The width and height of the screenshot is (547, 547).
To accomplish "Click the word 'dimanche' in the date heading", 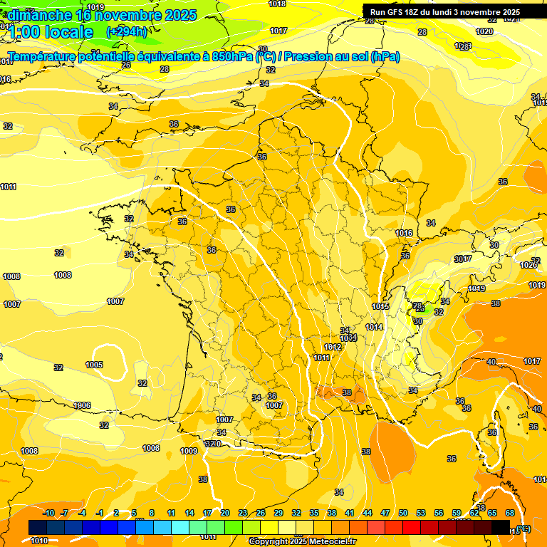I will pyautogui.click(x=40, y=15).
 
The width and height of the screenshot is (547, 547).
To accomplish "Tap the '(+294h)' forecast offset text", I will pyautogui.click(x=127, y=31).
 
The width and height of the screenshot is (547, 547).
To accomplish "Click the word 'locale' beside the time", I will pyautogui.click(x=68, y=32).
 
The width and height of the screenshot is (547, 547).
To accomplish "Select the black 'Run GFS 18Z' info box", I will pyautogui.click(x=454, y=12).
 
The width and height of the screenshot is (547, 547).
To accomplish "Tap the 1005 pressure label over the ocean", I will pyautogui.click(x=94, y=365).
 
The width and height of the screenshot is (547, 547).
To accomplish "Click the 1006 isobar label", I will pyautogui.click(x=83, y=405).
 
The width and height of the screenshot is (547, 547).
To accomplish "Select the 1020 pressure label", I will pyautogui.click(x=484, y=32).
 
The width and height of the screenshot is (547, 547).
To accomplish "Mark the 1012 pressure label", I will pyautogui.click(x=333, y=347).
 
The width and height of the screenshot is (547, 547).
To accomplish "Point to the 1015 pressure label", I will pyautogui.click(x=380, y=306).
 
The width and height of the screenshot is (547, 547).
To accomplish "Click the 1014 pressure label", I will pyautogui.click(x=374, y=327).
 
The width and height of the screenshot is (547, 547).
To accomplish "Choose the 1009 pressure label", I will pyautogui.click(x=189, y=451).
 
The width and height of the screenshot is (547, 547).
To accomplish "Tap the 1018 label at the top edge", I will pyautogui.click(x=278, y=4).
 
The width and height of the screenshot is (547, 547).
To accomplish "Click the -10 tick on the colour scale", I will pyautogui.click(x=48, y=513).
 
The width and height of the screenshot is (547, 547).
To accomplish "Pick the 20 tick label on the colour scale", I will pyautogui.click(x=225, y=513).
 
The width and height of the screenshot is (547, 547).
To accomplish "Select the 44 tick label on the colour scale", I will pyautogui.click(x=368, y=513).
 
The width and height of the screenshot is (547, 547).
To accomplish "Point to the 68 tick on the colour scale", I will pyautogui.click(x=510, y=513).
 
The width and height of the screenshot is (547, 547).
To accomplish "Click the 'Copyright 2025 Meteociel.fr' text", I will pyautogui.click(x=303, y=541).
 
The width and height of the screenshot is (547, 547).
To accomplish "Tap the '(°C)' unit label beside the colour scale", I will pyautogui.click(x=523, y=528).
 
